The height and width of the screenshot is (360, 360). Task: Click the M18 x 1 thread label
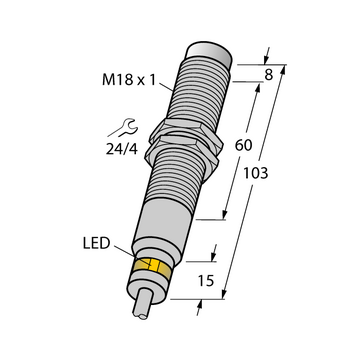129,80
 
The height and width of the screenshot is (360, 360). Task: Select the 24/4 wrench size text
122,150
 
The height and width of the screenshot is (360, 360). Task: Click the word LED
96,244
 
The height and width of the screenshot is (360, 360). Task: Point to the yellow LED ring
154,268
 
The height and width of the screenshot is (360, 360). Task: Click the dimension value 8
269,75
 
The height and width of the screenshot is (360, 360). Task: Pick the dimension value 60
243,145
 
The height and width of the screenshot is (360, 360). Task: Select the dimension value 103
256,173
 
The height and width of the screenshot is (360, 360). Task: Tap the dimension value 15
205,281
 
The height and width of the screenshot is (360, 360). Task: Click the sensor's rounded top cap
208,54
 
